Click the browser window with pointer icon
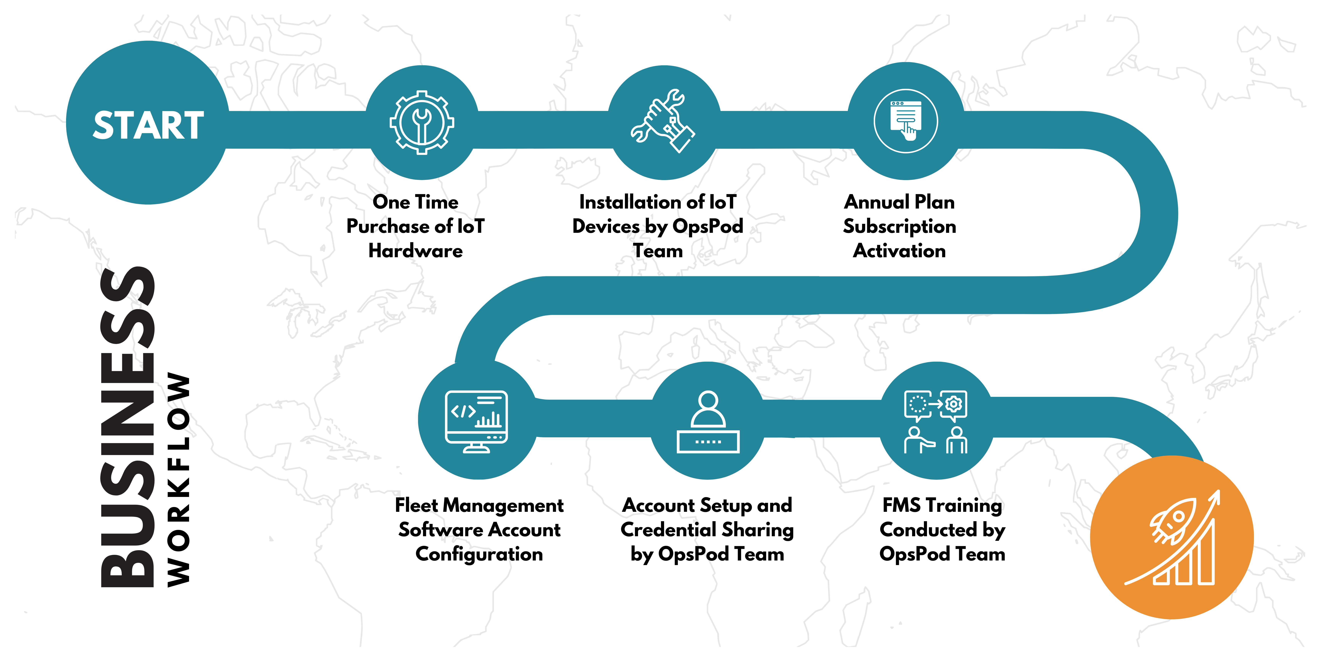coord(905,121)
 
